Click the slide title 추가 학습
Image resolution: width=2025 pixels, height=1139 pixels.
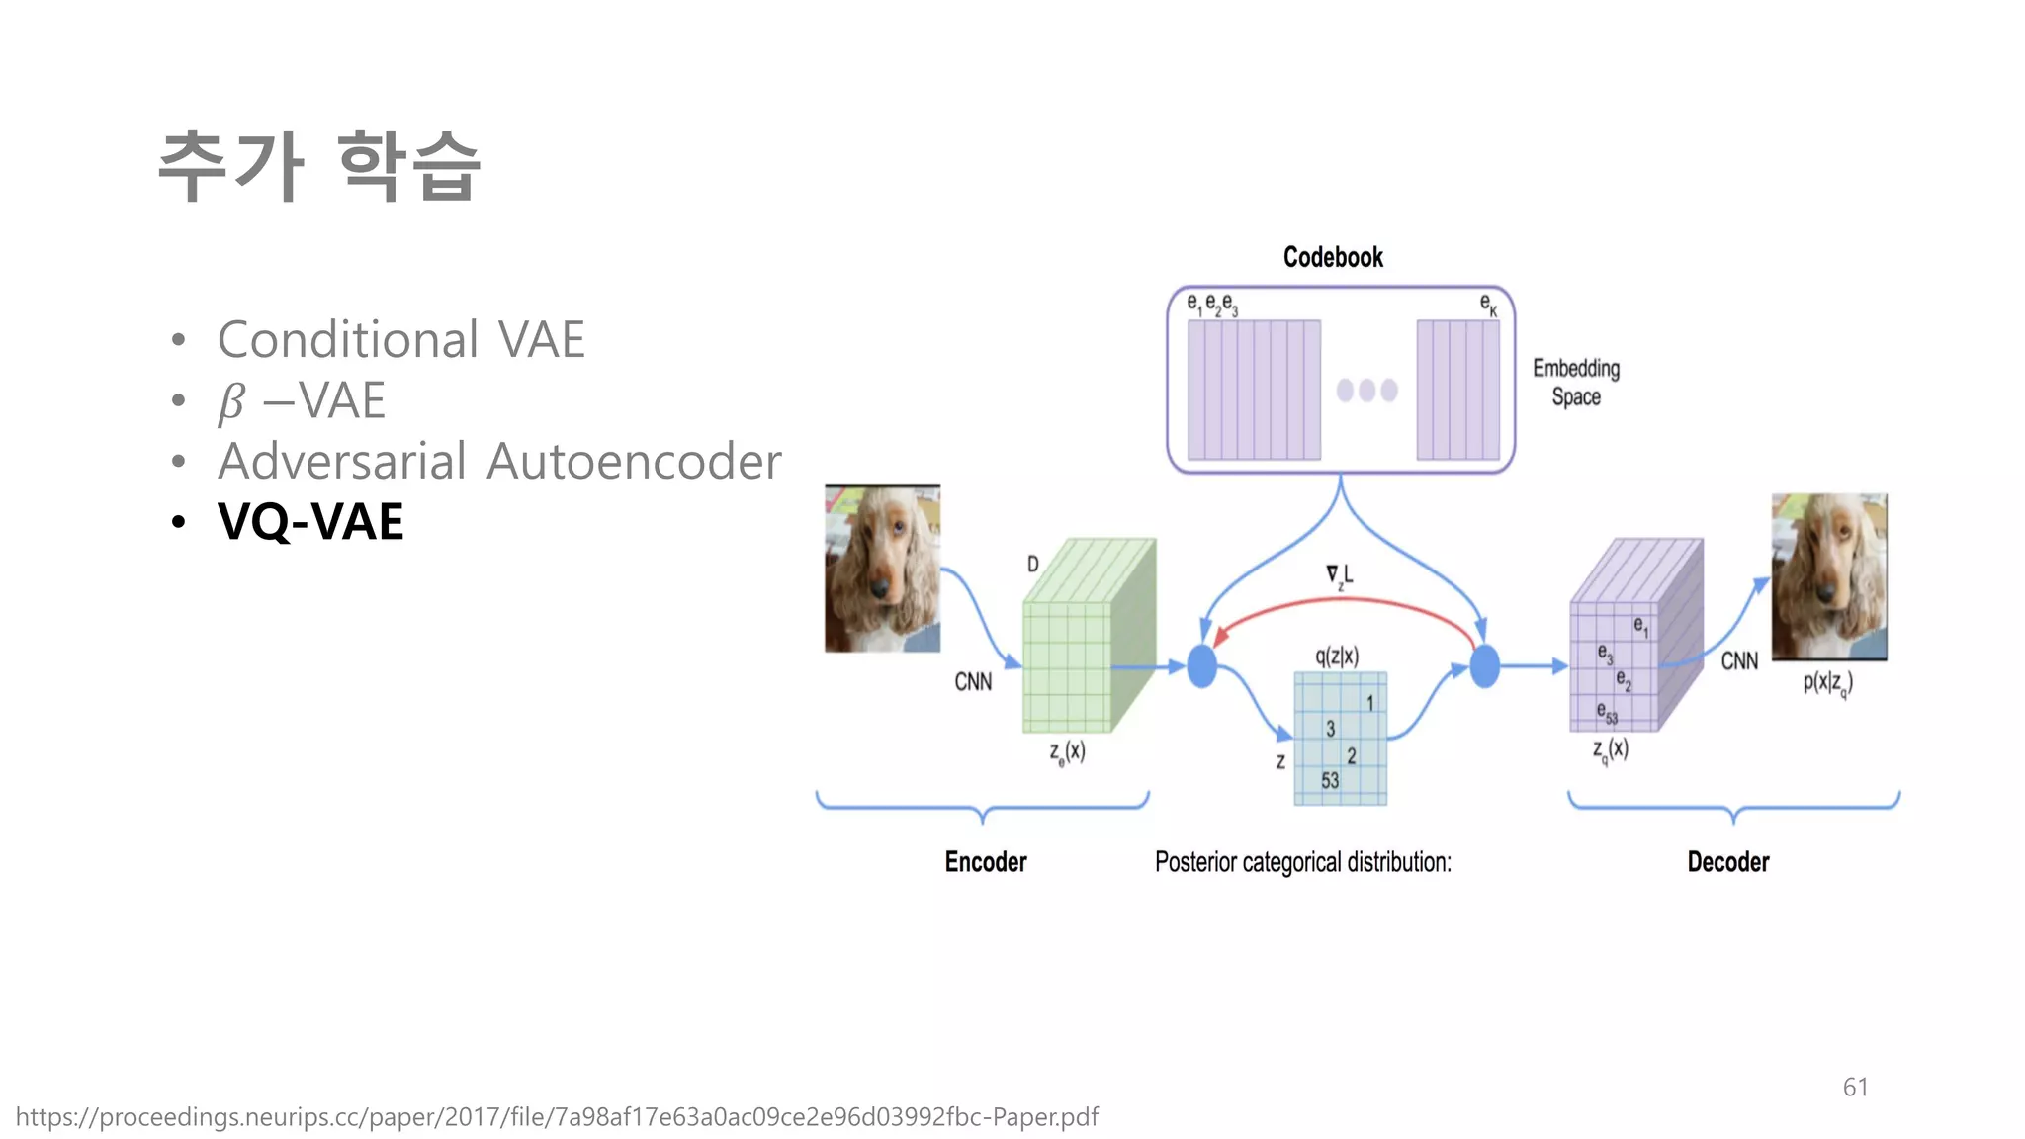click(318, 166)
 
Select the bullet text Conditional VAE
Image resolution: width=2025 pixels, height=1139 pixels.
click(400, 340)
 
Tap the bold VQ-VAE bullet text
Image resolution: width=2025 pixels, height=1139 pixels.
click(310, 521)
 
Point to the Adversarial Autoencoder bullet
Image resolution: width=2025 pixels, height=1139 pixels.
click(499, 461)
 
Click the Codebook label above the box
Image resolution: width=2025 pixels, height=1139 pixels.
click(1332, 257)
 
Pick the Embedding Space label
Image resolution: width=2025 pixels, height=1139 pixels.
click(1575, 382)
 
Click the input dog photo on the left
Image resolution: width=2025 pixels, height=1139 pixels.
click(882, 569)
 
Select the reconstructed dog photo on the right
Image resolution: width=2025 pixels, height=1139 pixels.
click(1828, 577)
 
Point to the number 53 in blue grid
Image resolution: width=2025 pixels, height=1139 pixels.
click(1330, 780)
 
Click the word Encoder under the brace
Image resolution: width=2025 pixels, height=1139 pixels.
click(985, 862)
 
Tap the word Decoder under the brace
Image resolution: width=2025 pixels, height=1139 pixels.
click(1727, 862)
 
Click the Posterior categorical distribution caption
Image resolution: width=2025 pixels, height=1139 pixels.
click(1302, 862)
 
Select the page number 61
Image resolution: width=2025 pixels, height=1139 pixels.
click(1855, 1087)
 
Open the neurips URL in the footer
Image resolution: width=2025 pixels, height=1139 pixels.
click(556, 1117)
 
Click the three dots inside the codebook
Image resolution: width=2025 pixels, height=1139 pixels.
click(1366, 390)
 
